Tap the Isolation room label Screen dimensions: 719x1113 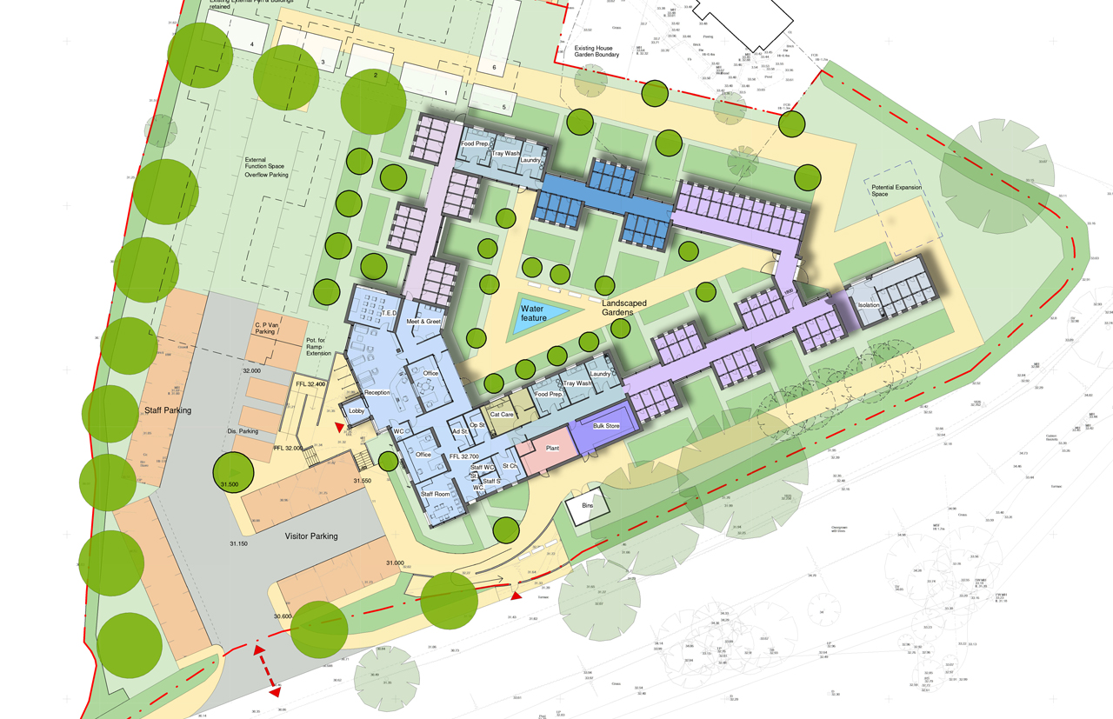[869, 306]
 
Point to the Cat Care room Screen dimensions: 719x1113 [503, 415]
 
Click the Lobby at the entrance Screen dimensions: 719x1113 [357, 410]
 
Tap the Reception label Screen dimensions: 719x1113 [377, 393]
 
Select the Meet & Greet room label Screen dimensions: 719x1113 [424, 322]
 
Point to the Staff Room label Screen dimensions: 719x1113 [436, 494]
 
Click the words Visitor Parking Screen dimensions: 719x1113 [311, 536]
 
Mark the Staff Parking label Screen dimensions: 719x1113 [167, 409]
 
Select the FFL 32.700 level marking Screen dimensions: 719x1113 [465, 456]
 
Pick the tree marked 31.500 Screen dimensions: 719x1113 [233, 474]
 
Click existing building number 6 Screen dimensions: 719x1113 [493, 67]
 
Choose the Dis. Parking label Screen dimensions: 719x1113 [243, 431]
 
